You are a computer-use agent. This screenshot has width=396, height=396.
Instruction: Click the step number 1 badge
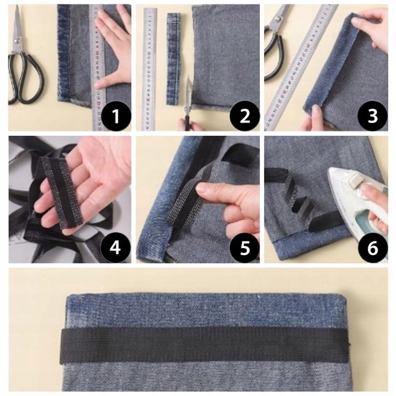point(116,116)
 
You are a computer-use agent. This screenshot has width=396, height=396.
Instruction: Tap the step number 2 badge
point(244,116)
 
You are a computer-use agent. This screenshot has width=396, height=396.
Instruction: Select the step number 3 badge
point(372,116)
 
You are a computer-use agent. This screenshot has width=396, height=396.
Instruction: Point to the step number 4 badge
point(115,248)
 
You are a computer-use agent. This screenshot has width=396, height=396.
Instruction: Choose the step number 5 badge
point(244,248)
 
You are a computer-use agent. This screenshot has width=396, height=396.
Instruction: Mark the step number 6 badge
point(372,248)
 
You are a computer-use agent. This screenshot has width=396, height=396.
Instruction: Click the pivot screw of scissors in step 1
point(18,40)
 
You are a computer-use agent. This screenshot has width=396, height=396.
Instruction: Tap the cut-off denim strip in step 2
point(173,59)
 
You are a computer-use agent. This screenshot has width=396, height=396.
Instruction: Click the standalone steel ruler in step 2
point(150,69)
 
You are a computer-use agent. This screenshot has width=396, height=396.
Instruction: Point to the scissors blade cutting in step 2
point(188,95)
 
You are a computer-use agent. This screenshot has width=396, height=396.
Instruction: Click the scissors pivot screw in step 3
point(278,19)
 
